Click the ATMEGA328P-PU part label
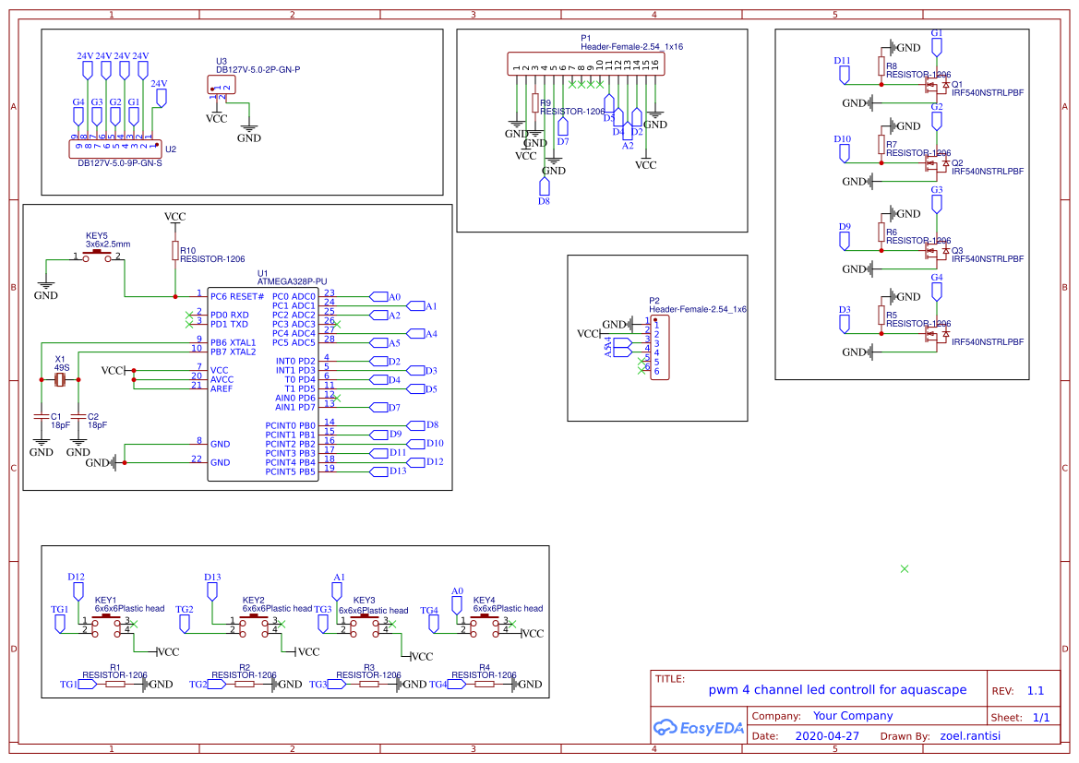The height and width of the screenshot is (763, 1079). click(x=294, y=281)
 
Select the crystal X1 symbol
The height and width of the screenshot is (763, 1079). click(x=60, y=379)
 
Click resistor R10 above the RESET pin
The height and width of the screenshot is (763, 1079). click(x=174, y=250)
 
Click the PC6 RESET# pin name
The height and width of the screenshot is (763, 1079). click(x=237, y=296)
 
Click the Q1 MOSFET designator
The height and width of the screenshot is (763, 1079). click(x=957, y=84)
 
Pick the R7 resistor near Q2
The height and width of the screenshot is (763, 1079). click(x=881, y=145)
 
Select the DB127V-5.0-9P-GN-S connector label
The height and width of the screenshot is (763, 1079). click(x=119, y=163)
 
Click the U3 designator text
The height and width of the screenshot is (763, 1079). click(x=222, y=60)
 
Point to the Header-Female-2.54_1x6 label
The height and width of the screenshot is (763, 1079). click(x=697, y=310)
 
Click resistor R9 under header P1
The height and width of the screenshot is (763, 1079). click(x=534, y=103)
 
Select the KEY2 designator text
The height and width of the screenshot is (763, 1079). click(x=253, y=600)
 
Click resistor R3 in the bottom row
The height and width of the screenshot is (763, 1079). click(x=369, y=684)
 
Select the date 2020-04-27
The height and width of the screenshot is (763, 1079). click(x=827, y=736)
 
